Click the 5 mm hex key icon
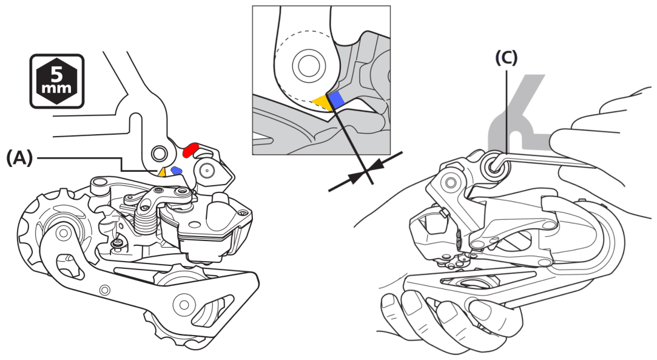57,81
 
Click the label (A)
19,158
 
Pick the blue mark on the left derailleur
177,171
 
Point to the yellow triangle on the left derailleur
162,172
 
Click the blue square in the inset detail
337,98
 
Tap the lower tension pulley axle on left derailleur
181,302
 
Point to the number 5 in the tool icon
57,74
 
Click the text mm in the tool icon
57,89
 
